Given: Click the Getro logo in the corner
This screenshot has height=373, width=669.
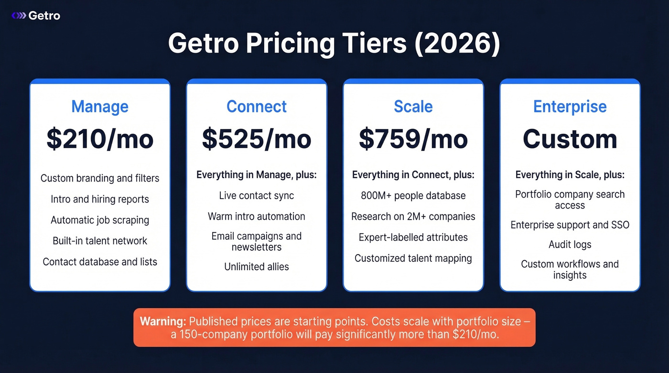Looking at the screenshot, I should (36, 16).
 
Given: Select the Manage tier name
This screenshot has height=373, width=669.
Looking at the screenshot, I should (100, 107).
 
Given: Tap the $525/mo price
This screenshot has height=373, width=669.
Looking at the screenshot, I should (257, 139).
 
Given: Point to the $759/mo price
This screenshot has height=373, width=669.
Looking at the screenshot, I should (413, 139).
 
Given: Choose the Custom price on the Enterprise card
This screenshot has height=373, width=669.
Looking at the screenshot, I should (570, 139).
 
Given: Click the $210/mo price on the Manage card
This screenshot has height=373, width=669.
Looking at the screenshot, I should (100, 139).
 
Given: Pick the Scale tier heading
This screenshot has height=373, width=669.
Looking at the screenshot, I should (413, 107).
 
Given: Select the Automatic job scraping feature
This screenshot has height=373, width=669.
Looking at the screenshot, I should (100, 220).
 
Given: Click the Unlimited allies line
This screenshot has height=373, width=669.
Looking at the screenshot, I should (257, 267).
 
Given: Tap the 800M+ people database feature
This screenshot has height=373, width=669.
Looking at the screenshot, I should (413, 196).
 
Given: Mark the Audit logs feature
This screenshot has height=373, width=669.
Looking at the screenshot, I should (570, 245).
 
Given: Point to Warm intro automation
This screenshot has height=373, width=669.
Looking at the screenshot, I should (257, 216).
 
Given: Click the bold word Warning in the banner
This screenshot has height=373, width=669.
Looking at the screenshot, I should (162, 321).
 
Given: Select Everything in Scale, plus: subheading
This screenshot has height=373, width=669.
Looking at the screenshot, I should (570, 175).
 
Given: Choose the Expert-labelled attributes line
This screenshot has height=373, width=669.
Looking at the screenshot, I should (413, 237).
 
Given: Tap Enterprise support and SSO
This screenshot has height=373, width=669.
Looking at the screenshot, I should (570, 225).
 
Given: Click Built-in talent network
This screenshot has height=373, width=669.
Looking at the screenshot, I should (100, 241).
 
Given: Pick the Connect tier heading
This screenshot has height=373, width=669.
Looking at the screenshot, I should (257, 107).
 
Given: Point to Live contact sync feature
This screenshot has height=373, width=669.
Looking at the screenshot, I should (257, 196).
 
